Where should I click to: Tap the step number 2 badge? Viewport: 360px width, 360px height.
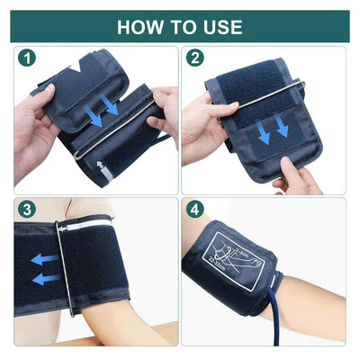[195, 58]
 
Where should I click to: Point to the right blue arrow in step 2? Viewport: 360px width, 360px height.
[282, 130]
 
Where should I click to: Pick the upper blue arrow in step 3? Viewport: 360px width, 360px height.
[43, 259]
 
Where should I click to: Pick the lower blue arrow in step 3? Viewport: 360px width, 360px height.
[43, 279]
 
